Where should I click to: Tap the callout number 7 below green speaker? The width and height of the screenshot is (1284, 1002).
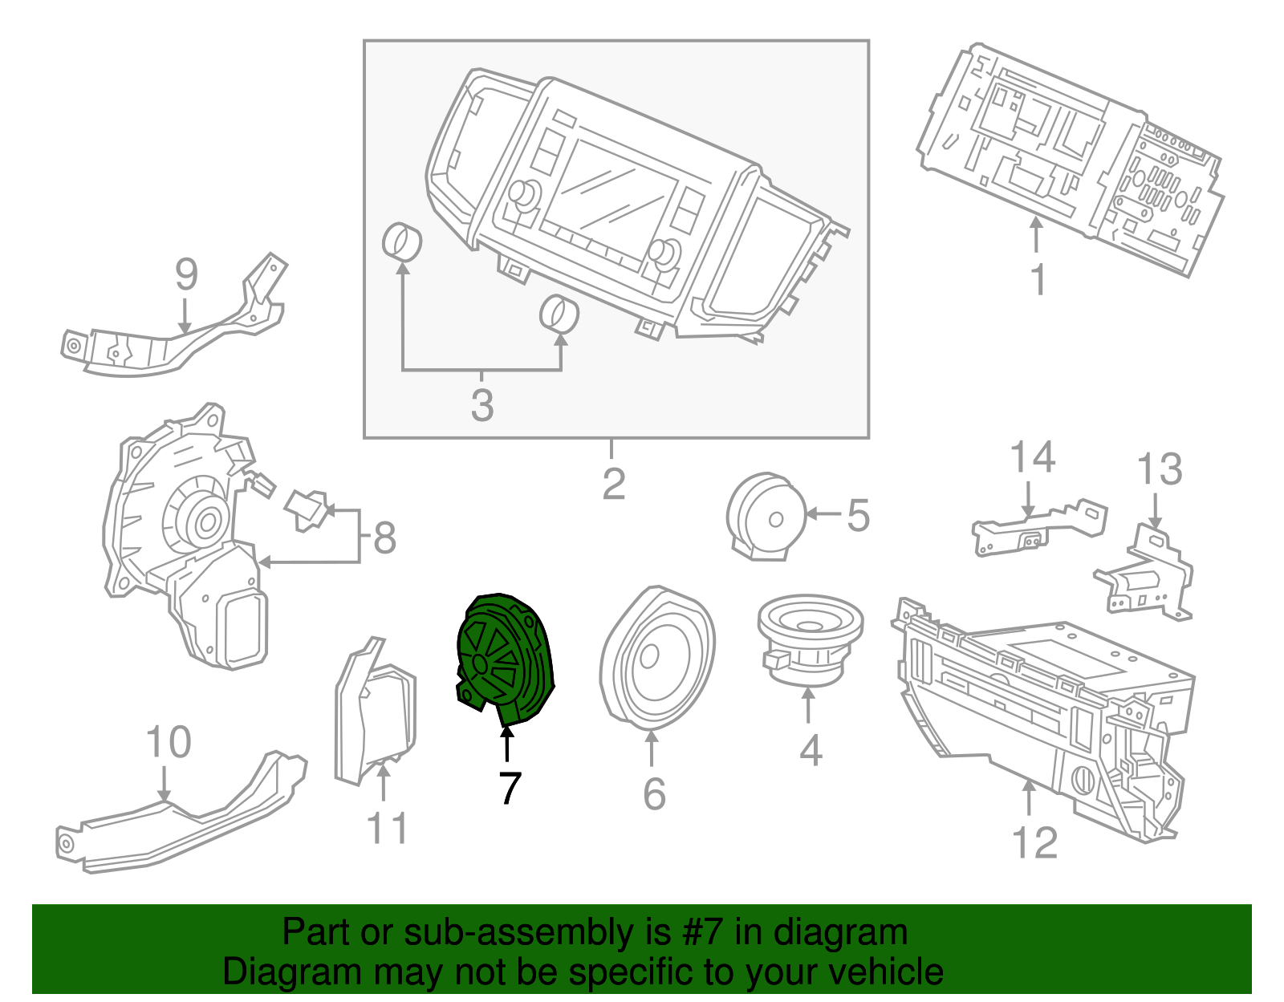coord(510,789)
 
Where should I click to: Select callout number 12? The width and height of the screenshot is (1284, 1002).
coord(1034,843)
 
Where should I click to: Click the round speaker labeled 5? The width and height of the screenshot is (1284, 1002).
coord(766,516)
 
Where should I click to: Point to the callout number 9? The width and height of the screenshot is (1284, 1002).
coord(186,275)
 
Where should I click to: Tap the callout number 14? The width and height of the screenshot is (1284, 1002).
coord(1031,457)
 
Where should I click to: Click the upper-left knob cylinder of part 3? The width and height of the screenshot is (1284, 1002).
coord(402,242)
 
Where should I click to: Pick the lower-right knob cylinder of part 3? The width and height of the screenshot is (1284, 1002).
coord(559,314)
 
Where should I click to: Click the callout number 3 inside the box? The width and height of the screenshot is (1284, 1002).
coord(481,405)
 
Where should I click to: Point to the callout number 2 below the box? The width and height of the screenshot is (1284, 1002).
coord(613,484)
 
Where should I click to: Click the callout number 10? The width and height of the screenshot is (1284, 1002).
coord(169,743)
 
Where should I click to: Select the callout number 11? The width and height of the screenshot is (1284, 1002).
coord(387,828)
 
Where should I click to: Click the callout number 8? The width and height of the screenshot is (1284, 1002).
coord(384,538)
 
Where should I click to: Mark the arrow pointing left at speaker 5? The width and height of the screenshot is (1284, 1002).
coord(822,513)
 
